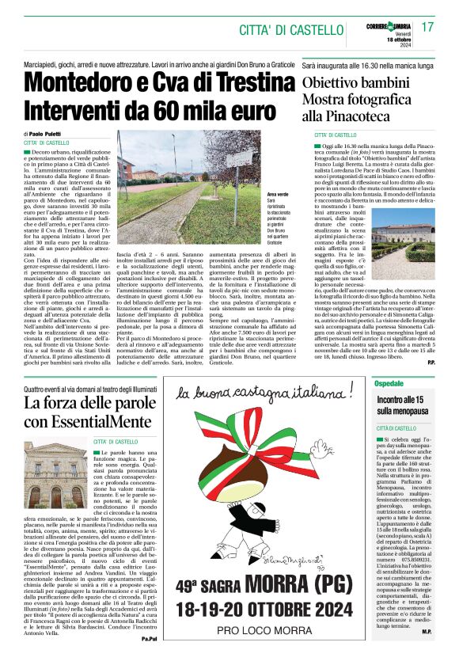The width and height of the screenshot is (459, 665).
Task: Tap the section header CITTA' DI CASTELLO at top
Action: pyautogui.click(x=296, y=31)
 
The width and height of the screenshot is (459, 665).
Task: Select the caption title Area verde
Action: pyautogui.click(x=278, y=194)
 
